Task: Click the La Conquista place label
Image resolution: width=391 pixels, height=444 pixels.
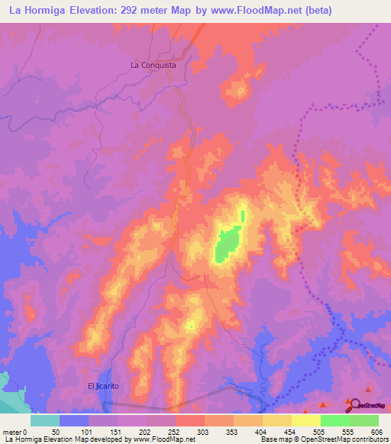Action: tap(153, 66)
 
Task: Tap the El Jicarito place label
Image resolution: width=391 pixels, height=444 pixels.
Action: tap(103, 386)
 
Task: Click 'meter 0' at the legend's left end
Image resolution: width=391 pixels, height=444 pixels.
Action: tap(15, 432)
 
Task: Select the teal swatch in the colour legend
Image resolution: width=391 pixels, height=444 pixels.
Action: tap(45, 420)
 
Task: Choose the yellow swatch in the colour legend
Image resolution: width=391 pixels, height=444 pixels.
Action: tap(305, 420)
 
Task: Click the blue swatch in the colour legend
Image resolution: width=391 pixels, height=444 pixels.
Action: tap(74, 420)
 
